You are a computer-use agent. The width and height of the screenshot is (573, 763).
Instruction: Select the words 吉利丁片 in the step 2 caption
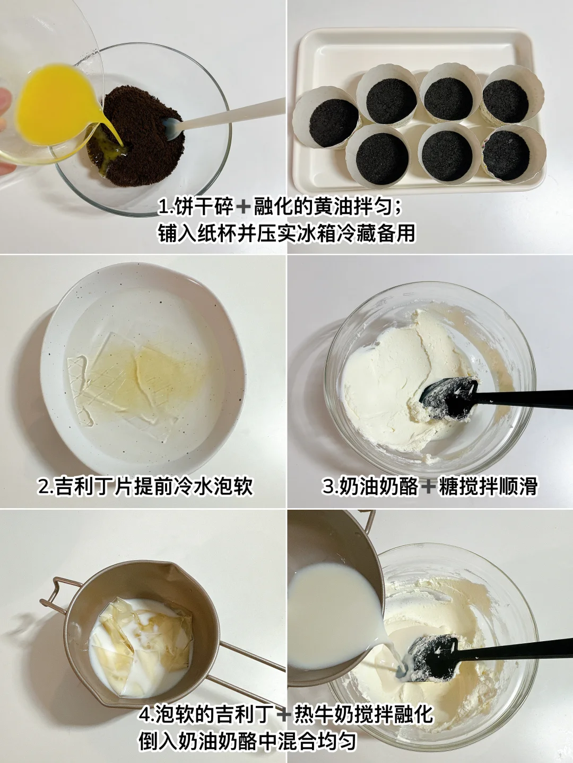pyautogui.click(x=95, y=486)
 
